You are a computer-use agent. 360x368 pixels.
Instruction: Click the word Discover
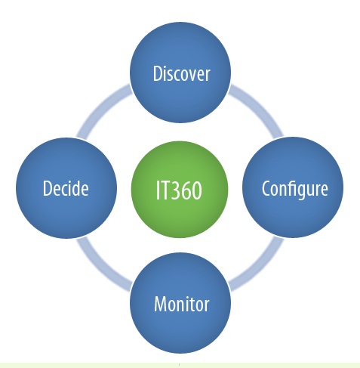[181, 73]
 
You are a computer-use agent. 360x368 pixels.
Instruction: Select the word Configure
[295, 189]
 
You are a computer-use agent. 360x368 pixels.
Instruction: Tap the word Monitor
[182, 304]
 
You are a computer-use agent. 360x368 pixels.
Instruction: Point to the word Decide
[66, 188]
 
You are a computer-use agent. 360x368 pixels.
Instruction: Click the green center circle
[180, 190]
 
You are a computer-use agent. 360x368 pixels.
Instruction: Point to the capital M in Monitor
[160, 304]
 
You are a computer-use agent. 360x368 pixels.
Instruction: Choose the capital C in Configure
[266, 188]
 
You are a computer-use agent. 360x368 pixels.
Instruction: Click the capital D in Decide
[48, 188]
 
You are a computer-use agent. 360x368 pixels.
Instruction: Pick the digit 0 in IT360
[197, 190]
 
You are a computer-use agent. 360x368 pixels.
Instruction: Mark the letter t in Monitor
[193, 305]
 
